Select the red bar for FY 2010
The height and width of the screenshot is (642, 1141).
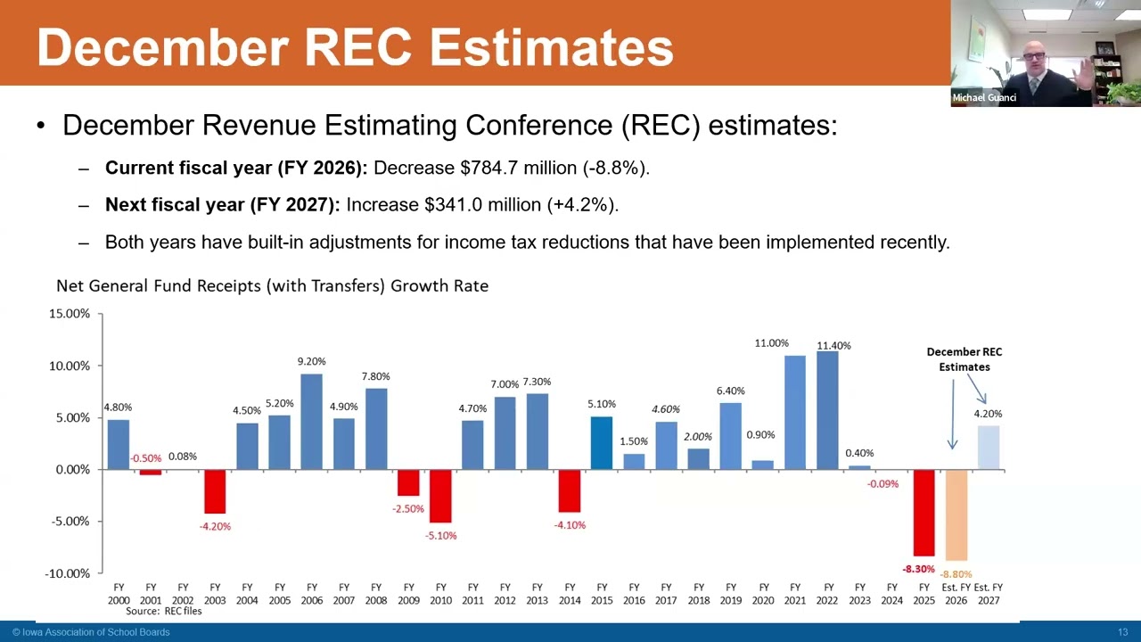point(440,496)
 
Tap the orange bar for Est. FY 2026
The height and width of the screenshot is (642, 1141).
point(956,514)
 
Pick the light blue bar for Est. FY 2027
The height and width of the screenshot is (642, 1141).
point(988,448)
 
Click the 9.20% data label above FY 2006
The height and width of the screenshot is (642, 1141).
point(311,361)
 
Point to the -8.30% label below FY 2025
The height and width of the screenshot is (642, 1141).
point(918,569)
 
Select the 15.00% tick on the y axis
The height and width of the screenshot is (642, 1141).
point(69,314)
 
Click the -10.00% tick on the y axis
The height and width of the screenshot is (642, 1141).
point(67,573)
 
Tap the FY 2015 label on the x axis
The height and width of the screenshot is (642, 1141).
point(602,594)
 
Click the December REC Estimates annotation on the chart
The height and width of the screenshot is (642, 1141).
point(964,359)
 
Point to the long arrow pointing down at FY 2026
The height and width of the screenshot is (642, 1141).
point(952,415)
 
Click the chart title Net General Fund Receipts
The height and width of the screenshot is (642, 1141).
point(272,286)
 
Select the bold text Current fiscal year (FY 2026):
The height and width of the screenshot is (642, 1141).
point(236,168)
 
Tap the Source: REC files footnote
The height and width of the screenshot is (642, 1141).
point(163,612)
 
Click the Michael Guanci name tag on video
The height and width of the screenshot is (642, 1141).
point(984,98)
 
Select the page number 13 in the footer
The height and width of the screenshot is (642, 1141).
point(1123,632)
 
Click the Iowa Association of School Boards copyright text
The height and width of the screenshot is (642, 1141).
point(91,632)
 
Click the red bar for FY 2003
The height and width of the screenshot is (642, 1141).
point(215,491)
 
